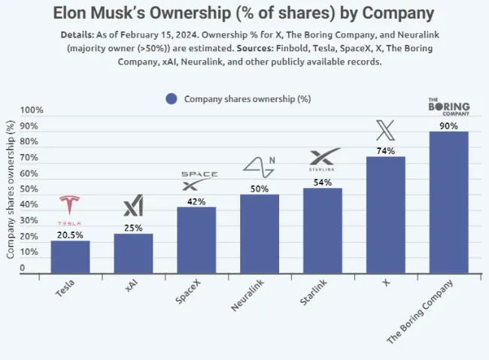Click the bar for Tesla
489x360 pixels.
[70, 257]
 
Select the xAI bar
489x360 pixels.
[133, 253]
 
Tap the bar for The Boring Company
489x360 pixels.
[448, 202]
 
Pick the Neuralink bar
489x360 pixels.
[260, 234]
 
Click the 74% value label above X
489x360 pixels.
[385, 150]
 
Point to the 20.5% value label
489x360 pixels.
[70, 234]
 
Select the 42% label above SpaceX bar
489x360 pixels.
[196, 201]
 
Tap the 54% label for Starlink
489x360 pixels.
[323, 182]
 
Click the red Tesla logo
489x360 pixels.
[70, 208]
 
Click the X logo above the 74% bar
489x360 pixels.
[385, 131]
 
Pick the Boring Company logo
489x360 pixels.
[448, 106]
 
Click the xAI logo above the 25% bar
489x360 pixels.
[133, 206]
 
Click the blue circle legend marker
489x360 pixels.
[171, 98]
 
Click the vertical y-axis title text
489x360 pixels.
[11, 191]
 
